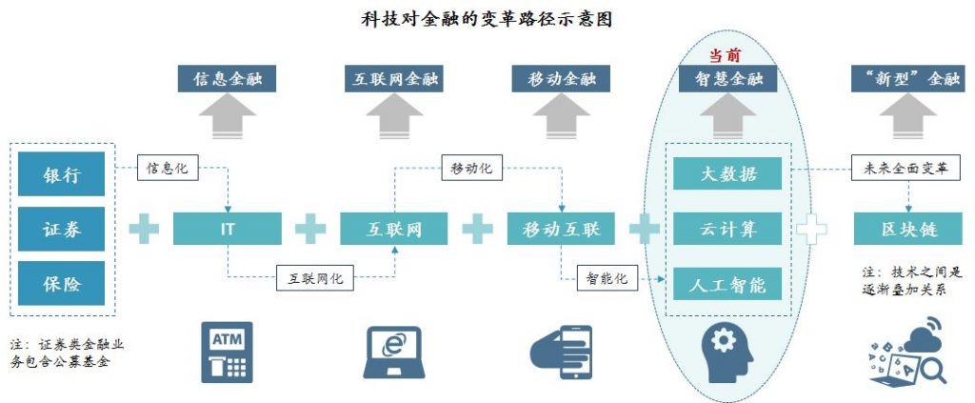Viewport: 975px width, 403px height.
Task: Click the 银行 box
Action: coord(61,174)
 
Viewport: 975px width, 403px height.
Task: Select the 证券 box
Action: coord(61,229)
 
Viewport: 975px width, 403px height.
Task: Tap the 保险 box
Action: coord(61,284)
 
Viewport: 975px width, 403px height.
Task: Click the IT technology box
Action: coord(227,229)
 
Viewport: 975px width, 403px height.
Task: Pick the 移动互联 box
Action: coord(562,229)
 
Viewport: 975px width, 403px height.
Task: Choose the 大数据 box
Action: coord(727,174)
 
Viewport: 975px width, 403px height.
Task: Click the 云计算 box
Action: coord(727,229)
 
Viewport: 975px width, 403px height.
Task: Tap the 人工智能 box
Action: coord(727,284)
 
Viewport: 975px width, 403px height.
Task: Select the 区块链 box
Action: coord(907,229)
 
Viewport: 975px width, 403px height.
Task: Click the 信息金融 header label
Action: coord(227,79)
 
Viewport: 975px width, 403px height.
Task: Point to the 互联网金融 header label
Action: coord(393,79)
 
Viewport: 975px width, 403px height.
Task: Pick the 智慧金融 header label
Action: coord(727,79)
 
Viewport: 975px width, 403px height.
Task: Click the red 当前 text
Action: coord(725,55)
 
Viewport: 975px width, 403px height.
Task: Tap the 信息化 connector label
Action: coord(168,168)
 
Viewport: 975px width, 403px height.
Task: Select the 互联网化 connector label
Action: coord(314,277)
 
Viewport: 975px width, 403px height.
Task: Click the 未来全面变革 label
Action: coord(906,168)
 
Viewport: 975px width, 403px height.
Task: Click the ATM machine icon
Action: coord(227,352)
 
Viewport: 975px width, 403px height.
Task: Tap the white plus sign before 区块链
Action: coord(811,229)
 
